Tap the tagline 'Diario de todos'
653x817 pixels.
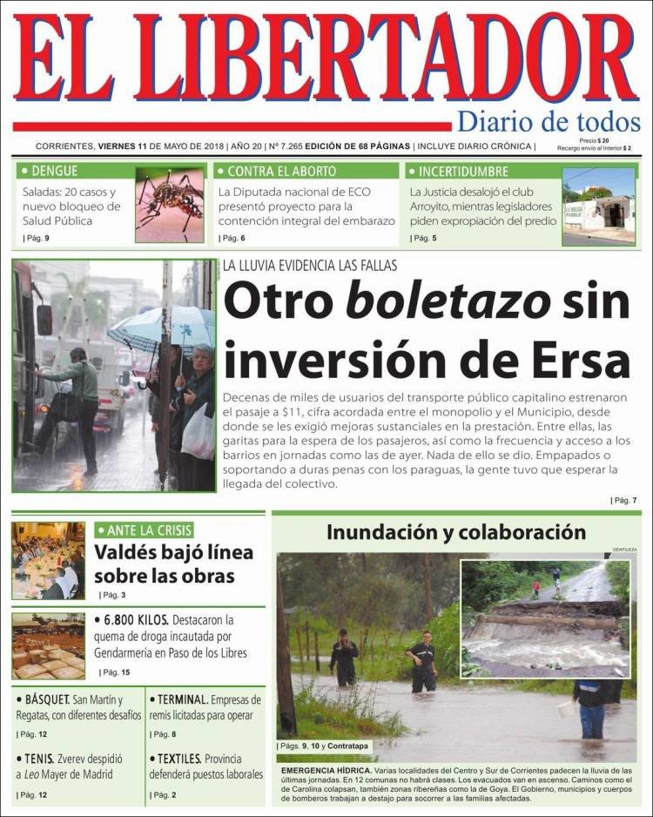(549, 122)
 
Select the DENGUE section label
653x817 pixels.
(53, 171)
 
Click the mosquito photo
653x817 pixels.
(170, 206)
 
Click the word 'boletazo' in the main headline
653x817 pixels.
(448, 301)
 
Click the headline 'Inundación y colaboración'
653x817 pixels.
(456, 531)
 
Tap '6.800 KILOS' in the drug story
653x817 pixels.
(131, 620)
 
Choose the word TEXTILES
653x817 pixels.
(181, 759)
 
